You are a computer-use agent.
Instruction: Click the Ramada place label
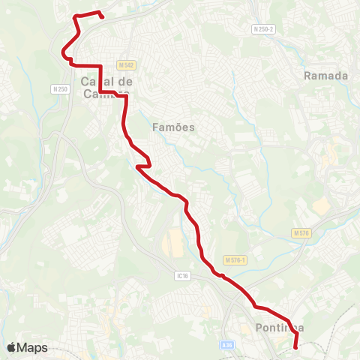[x=326, y=76]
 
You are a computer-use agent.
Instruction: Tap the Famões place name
[x=173, y=127]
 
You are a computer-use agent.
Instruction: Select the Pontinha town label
[x=279, y=328]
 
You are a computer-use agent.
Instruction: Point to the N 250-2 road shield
[x=264, y=28]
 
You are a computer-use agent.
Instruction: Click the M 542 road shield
[x=125, y=66]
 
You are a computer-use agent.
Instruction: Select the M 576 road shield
[x=301, y=234]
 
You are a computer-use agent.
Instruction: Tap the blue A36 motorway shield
[x=228, y=344]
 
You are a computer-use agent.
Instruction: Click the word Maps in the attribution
[x=33, y=347]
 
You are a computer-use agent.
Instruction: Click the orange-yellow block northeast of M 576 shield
[x=321, y=204]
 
